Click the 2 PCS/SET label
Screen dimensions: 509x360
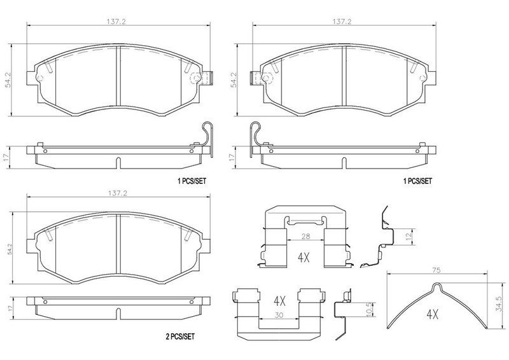tap(180, 336)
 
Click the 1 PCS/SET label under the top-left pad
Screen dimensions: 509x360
tap(192, 181)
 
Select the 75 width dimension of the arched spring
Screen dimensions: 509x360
tap(437, 270)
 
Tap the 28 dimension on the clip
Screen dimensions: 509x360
tap(305, 237)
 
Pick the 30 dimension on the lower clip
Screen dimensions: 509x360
tap(279, 315)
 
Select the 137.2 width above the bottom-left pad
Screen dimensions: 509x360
tap(118, 193)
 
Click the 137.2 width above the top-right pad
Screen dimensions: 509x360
tap(342, 22)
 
